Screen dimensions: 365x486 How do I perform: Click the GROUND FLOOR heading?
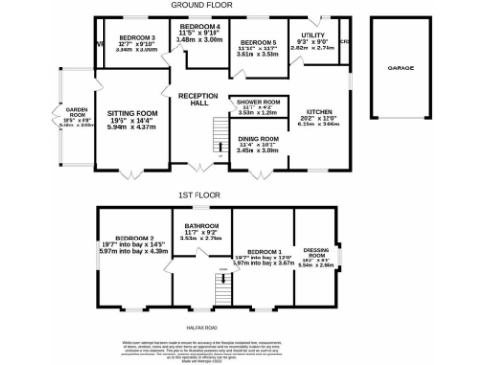point(203,6)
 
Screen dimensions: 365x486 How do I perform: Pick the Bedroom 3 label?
point(137,36)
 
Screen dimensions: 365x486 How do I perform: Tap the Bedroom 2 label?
point(134,239)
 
